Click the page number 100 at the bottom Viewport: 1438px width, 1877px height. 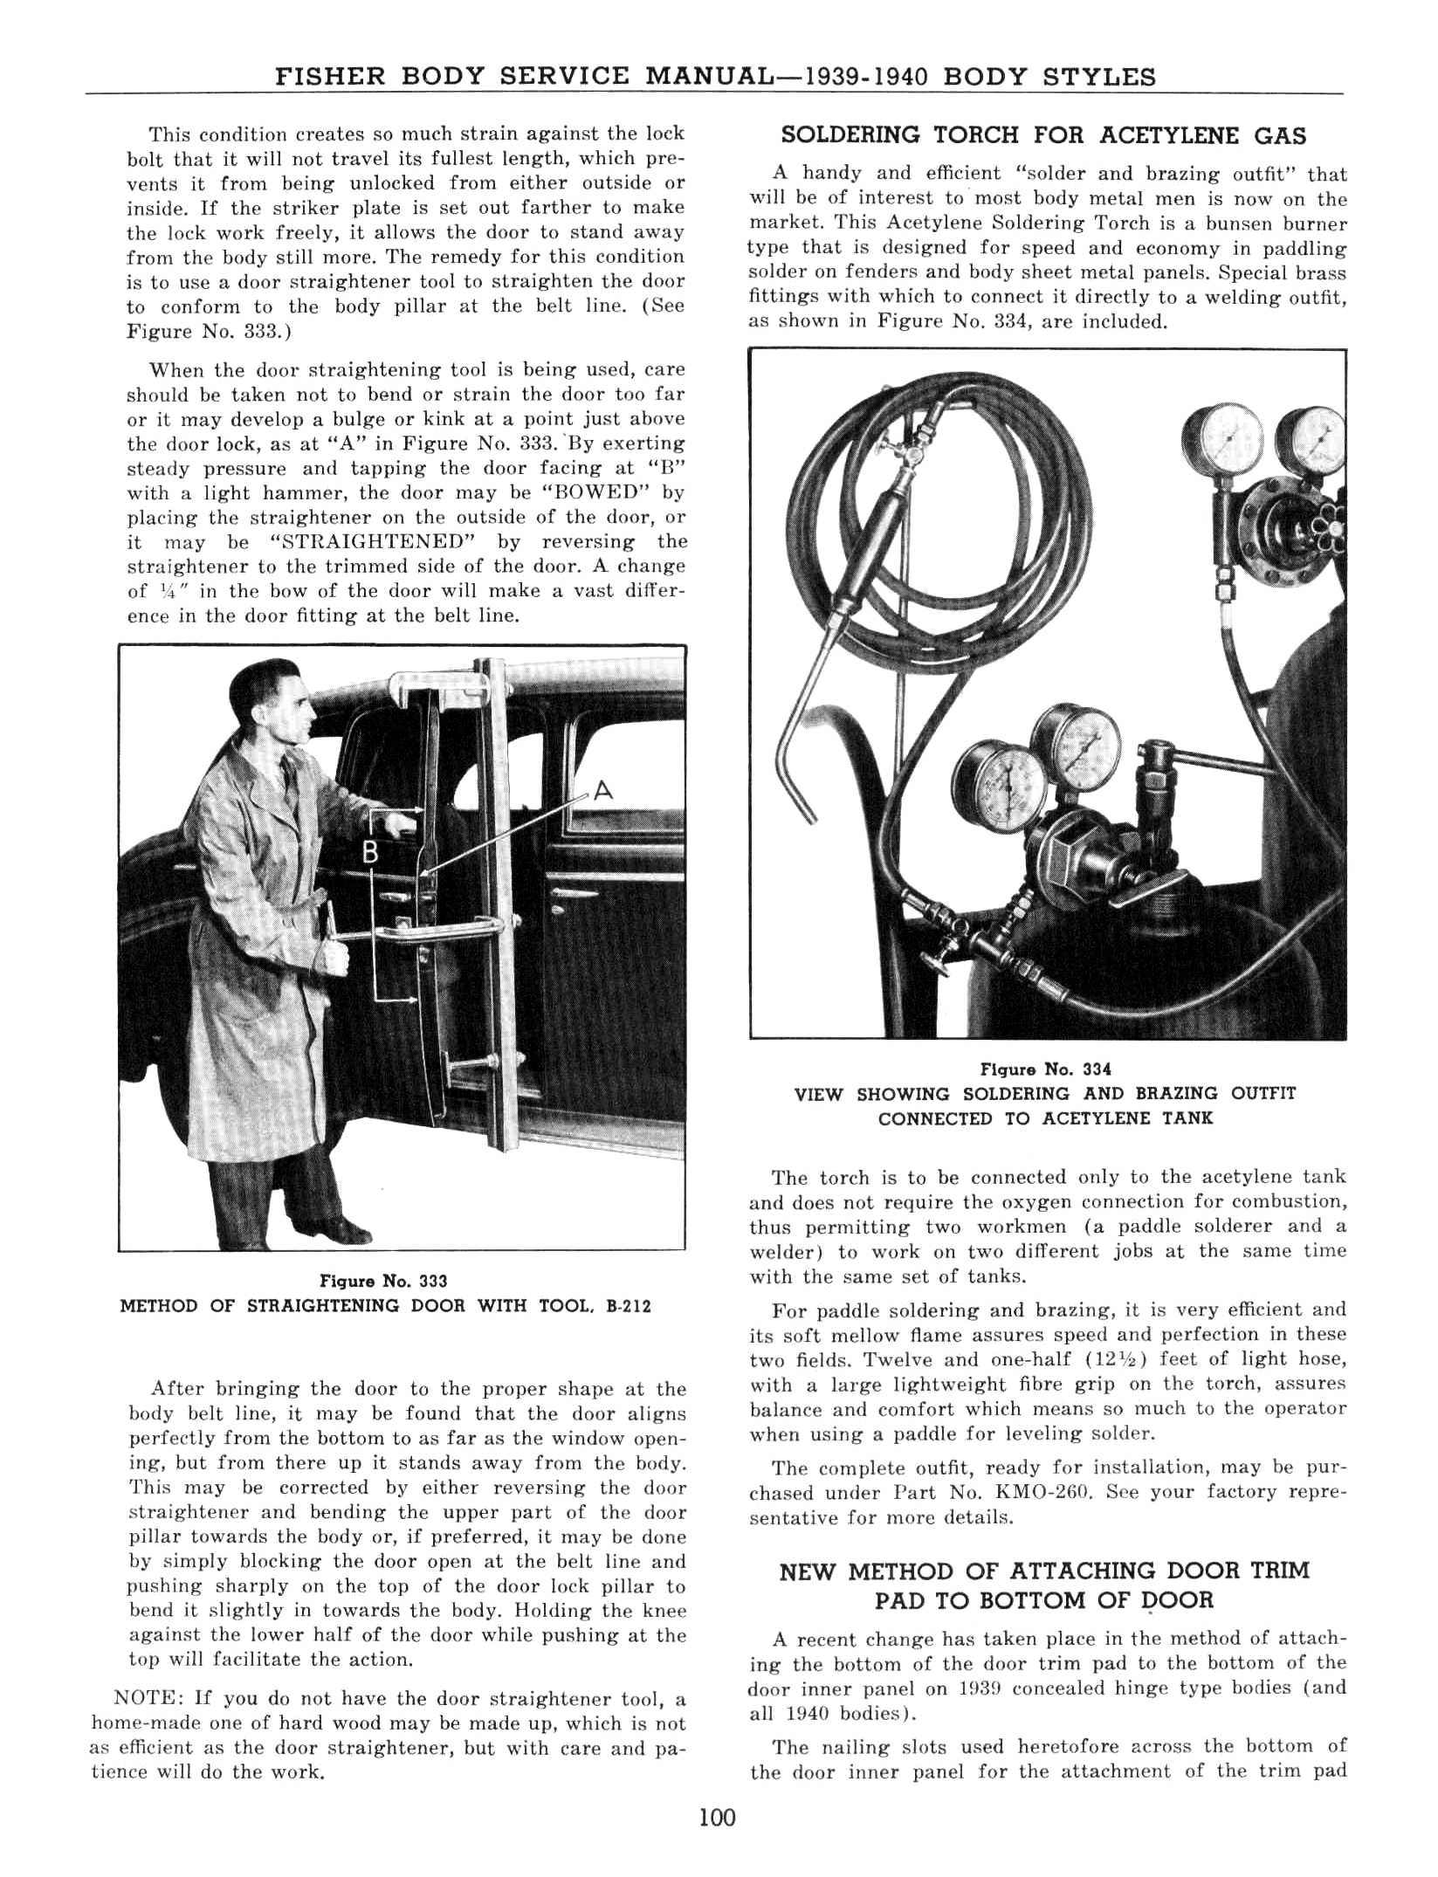click(x=718, y=1818)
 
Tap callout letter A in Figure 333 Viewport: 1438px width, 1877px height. click(x=602, y=792)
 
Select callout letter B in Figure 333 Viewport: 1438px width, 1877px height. click(x=370, y=853)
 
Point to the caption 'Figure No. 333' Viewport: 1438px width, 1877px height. click(x=384, y=1281)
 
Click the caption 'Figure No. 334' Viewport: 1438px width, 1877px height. click(x=1046, y=1069)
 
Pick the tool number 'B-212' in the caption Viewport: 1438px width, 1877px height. click(x=629, y=1306)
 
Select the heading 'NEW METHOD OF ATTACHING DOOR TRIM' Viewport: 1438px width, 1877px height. click(x=1044, y=1571)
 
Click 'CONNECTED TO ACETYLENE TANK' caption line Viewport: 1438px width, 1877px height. click(x=1046, y=1118)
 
